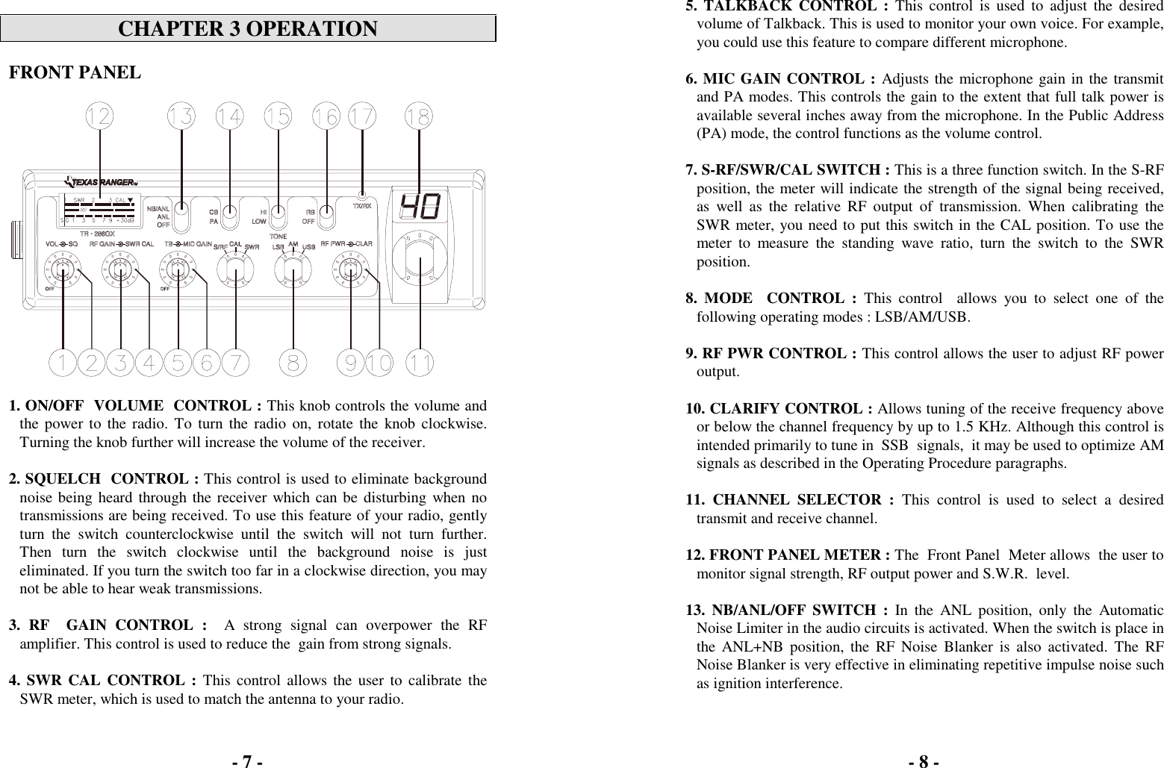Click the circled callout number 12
[99, 117]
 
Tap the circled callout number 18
[418, 117]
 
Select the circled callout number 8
[293, 363]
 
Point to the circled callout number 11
[420, 363]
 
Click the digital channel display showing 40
[420, 207]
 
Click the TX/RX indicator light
[362, 197]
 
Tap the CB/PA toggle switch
[231, 212]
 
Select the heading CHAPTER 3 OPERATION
[248, 29]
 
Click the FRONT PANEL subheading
[74, 72]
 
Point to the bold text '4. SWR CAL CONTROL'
[102, 680]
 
